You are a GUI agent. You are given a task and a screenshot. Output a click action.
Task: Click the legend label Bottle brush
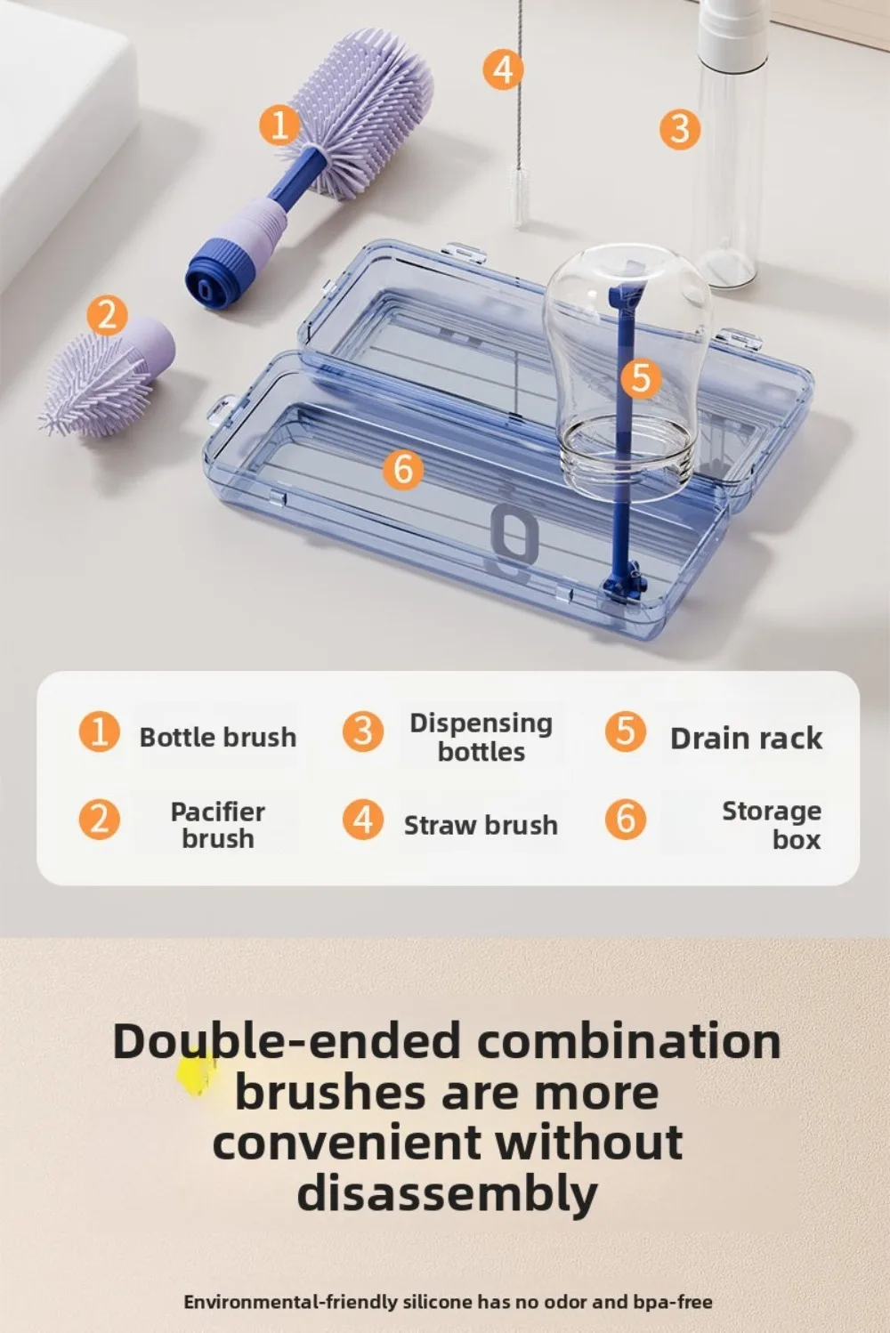pyautogui.click(x=218, y=738)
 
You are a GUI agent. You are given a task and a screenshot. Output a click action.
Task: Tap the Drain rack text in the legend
pyautogui.click(x=747, y=739)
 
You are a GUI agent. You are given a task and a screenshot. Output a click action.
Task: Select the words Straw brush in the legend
pyautogui.click(x=481, y=826)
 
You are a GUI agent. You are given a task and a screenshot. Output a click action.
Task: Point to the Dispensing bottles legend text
pyautogui.click(x=481, y=738)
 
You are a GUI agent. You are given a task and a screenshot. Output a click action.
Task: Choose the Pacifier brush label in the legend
pyautogui.click(x=218, y=826)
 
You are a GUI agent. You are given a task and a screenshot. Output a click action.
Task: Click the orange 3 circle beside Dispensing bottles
pyautogui.click(x=362, y=731)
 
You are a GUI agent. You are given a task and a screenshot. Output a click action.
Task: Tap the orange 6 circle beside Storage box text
pyautogui.click(x=626, y=819)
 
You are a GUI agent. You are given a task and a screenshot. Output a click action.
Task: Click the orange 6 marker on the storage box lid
pyautogui.click(x=403, y=469)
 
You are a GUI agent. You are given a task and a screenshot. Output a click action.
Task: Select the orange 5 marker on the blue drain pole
pyautogui.click(x=641, y=378)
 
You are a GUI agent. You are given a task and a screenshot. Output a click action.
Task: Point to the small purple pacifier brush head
pyautogui.click(x=98, y=385)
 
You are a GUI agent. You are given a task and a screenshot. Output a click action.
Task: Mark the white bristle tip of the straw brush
pyautogui.click(x=518, y=197)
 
